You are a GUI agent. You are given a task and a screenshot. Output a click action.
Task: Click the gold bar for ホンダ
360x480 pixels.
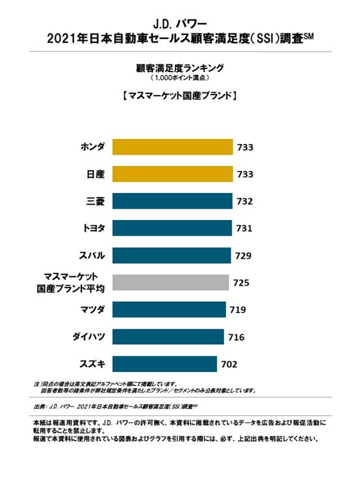[x=173, y=147]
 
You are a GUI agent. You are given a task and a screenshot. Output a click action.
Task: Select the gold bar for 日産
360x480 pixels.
[x=173, y=174]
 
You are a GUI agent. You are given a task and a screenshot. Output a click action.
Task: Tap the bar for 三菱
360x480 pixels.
[x=172, y=201]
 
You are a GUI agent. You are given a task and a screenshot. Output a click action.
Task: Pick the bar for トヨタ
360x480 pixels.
[x=172, y=228]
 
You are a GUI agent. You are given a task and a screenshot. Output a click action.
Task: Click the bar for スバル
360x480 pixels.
[x=172, y=255]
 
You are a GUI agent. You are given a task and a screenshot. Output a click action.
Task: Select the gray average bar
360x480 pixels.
[x=170, y=282]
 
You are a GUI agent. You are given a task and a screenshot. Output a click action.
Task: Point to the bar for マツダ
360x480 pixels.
[x=169, y=309]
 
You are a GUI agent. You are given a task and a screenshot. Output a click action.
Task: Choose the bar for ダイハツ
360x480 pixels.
[x=169, y=337]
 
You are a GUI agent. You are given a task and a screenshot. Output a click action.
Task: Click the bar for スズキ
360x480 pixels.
[x=165, y=364]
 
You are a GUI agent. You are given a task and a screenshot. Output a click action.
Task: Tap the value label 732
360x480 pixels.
[x=245, y=201]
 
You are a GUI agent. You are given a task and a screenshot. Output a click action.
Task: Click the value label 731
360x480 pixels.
[x=245, y=228]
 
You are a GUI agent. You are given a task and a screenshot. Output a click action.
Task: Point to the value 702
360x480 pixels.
[x=229, y=364]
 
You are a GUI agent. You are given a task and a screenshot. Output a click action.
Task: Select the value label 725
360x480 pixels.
[x=241, y=282]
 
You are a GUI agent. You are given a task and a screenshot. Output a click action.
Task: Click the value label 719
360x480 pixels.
[x=237, y=309]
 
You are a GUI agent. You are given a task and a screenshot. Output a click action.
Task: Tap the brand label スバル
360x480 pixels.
[x=93, y=255]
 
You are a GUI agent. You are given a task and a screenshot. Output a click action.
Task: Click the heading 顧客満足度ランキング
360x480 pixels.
[x=180, y=68]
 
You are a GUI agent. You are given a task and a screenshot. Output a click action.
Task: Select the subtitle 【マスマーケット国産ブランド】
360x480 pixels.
[x=179, y=96]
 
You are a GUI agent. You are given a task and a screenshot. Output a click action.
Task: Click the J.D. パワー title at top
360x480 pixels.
[x=179, y=24]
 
